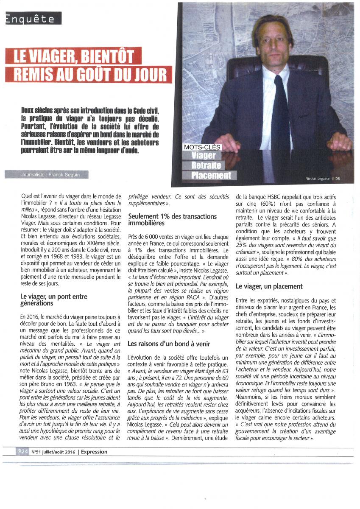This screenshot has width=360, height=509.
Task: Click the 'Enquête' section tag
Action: tap(31, 19)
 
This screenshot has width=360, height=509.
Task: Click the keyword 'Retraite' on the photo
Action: tap(207, 165)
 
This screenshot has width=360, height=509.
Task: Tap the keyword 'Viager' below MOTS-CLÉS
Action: tap(203, 156)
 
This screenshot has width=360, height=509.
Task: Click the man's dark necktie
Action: tap(281, 115)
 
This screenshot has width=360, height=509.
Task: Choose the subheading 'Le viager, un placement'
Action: tap(269, 286)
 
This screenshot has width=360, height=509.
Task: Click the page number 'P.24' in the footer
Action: tap(23, 452)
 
